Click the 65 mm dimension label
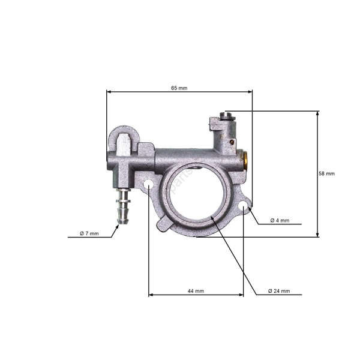coord(179,88)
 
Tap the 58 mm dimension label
coord(327,173)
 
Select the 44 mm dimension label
coord(196,291)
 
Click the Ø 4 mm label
coord(280,220)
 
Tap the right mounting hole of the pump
coord(243,207)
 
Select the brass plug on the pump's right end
coord(246,159)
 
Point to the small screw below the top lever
coord(232,142)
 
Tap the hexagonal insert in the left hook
coord(124,144)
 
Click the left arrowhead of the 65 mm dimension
coord(109,92)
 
